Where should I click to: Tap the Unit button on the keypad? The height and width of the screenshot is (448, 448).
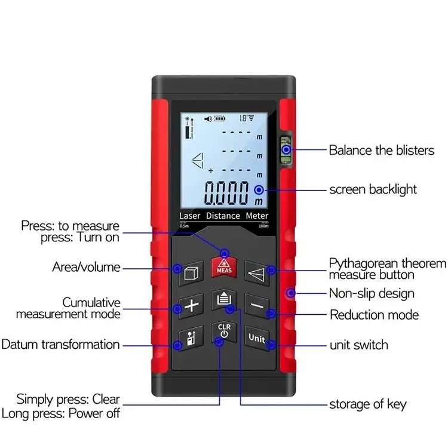[257, 338]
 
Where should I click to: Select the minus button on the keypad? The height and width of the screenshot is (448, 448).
[257, 305]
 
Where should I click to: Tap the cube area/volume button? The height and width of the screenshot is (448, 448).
[191, 272]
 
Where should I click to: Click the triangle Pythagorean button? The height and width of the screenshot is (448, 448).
[257, 272]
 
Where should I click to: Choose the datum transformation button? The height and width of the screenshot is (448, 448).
[191, 338]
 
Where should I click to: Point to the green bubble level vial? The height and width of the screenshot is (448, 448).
[287, 149]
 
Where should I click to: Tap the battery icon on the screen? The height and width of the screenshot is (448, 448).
[222, 119]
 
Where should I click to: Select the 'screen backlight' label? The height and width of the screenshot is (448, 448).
[373, 190]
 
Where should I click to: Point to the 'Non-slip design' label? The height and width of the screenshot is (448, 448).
[372, 293]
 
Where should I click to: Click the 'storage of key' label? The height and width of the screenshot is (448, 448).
[367, 404]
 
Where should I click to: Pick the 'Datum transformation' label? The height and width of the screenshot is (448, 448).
[60, 344]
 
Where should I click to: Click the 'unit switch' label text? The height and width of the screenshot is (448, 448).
[358, 345]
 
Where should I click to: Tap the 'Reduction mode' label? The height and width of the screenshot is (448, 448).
[374, 314]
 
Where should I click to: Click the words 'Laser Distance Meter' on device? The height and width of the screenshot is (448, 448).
[224, 215]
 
